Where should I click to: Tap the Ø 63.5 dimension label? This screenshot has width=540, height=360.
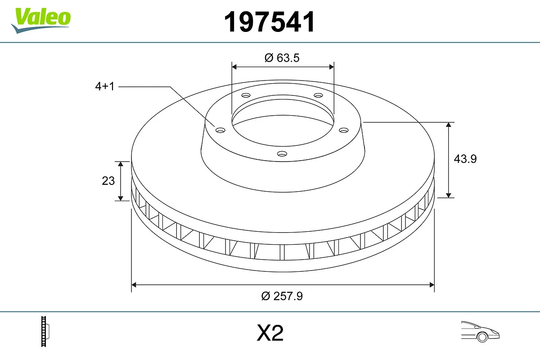(282, 58)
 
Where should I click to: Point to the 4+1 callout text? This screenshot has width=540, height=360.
(105, 87)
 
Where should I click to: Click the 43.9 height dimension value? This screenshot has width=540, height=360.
(465, 159)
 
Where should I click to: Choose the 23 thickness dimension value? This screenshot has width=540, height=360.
(108, 181)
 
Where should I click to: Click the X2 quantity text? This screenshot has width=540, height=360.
(270, 333)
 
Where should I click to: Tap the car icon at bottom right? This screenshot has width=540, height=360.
(480, 331)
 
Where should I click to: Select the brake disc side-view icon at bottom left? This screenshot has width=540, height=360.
(45, 332)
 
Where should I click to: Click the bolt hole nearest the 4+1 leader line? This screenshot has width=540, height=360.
(220, 130)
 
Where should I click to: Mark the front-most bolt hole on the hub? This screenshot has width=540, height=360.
(282, 154)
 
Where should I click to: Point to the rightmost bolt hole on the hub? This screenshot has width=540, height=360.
(344, 130)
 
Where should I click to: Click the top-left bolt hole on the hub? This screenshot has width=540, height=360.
(246, 95)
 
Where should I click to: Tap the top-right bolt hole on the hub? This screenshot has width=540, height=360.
(319, 95)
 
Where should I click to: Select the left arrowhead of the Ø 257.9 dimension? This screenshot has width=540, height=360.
(134, 284)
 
